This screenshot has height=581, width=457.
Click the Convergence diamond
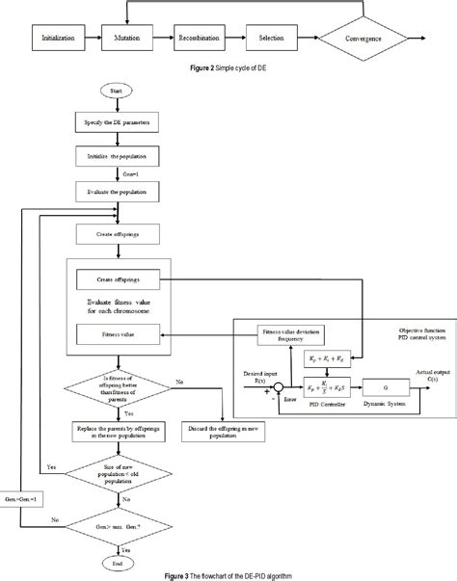coord(362,40)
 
